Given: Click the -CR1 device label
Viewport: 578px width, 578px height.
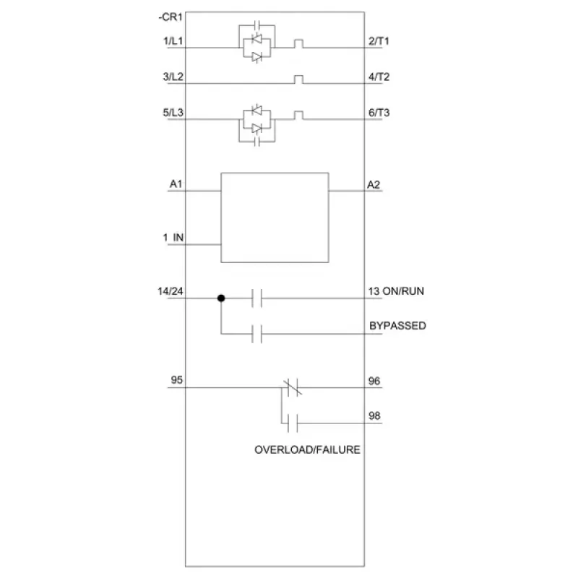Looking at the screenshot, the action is point(171,17).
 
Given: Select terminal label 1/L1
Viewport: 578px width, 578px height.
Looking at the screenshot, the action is point(173,40).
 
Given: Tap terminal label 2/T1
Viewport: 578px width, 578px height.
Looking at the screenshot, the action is point(379,41).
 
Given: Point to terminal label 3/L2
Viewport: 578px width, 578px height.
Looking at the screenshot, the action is point(173,77).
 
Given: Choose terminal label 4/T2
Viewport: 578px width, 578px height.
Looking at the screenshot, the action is point(379,77).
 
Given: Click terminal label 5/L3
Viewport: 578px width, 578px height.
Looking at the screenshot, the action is point(173,113).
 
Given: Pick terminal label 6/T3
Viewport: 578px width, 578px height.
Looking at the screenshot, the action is point(379,113).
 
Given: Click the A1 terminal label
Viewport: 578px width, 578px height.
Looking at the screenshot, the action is point(176,184).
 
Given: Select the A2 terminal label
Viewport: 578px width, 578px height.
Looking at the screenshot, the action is point(374,184).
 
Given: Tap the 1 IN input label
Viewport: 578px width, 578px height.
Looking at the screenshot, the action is point(173,238).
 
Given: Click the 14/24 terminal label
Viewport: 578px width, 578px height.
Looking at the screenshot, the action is point(171,291).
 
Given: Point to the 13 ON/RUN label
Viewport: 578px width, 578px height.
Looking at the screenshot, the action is point(396,291).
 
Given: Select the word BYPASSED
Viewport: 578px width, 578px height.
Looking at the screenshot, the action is point(398,326).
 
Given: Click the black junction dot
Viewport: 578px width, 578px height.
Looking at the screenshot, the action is point(221,298).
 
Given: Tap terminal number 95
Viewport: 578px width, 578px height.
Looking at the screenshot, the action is point(176,380).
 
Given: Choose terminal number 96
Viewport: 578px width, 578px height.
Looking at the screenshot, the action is point(374,381).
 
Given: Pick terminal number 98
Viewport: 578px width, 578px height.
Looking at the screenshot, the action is point(374,416).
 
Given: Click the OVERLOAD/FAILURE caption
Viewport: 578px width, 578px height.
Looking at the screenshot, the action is point(308,449).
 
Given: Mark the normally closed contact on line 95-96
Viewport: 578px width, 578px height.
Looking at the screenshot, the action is point(293,387).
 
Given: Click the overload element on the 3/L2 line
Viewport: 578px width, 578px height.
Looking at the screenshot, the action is point(298,79).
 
